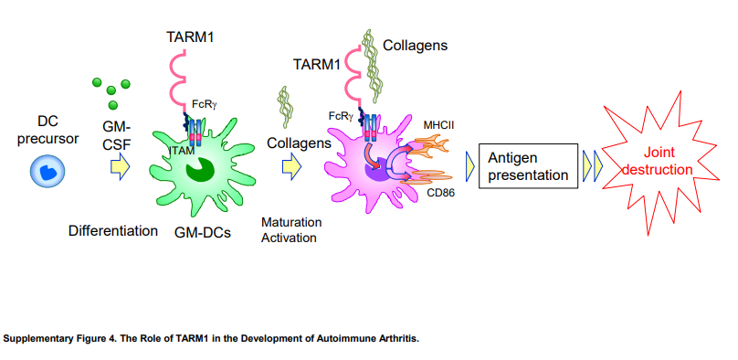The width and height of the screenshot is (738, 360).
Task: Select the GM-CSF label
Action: (x=116, y=134)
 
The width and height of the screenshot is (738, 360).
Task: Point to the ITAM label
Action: (x=180, y=150)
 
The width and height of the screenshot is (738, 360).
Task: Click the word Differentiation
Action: (x=113, y=231)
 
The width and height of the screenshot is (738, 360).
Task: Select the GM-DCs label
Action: (x=203, y=232)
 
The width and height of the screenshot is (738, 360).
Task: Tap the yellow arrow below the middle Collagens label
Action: (x=291, y=167)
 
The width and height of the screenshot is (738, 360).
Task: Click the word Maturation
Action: (x=291, y=222)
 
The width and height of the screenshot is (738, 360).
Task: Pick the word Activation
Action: (x=289, y=238)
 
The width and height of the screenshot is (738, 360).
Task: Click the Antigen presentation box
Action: (x=528, y=166)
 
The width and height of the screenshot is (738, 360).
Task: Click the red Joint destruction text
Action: (x=658, y=161)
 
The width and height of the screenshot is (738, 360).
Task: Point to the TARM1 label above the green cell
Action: (x=190, y=37)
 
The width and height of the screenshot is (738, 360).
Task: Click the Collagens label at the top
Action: (x=415, y=45)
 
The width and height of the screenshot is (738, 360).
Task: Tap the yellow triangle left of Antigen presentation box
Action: (x=469, y=166)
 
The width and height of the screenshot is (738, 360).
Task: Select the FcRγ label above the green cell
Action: (x=205, y=104)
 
